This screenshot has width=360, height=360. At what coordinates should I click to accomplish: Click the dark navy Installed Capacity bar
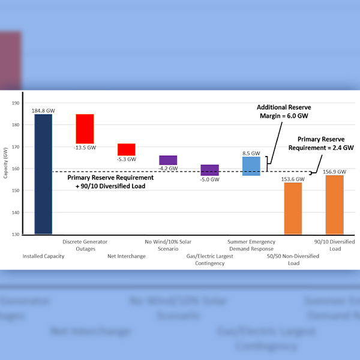point(43,174)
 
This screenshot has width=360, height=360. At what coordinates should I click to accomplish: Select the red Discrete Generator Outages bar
point(85,128)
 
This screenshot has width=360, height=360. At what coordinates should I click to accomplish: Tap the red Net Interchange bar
point(126,149)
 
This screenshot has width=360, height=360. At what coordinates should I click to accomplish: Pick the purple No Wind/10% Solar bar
point(168,160)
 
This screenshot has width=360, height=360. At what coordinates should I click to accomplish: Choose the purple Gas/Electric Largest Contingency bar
point(209,170)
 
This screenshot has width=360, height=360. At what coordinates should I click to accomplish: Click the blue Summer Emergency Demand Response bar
point(251,166)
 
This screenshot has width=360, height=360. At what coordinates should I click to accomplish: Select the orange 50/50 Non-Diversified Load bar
point(293,208)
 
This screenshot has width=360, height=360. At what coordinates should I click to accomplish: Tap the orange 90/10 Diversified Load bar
point(334,205)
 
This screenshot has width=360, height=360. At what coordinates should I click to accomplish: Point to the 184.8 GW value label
point(43,110)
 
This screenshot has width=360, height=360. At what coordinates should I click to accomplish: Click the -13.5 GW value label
point(85,146)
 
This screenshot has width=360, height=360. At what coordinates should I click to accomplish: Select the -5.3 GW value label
point(126,160)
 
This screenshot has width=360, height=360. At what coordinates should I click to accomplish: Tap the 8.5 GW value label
point(251,153)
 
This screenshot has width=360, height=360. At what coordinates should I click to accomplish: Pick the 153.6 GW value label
point(293,178)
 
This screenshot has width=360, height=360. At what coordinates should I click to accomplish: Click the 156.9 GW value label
point(334,172)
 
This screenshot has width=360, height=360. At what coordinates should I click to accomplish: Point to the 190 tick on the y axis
point(15,103)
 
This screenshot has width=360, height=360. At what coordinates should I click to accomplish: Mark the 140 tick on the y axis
point(15,212)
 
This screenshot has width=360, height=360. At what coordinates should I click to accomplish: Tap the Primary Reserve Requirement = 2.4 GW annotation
point(321,142)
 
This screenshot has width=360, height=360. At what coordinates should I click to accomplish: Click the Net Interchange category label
point(127,256)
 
